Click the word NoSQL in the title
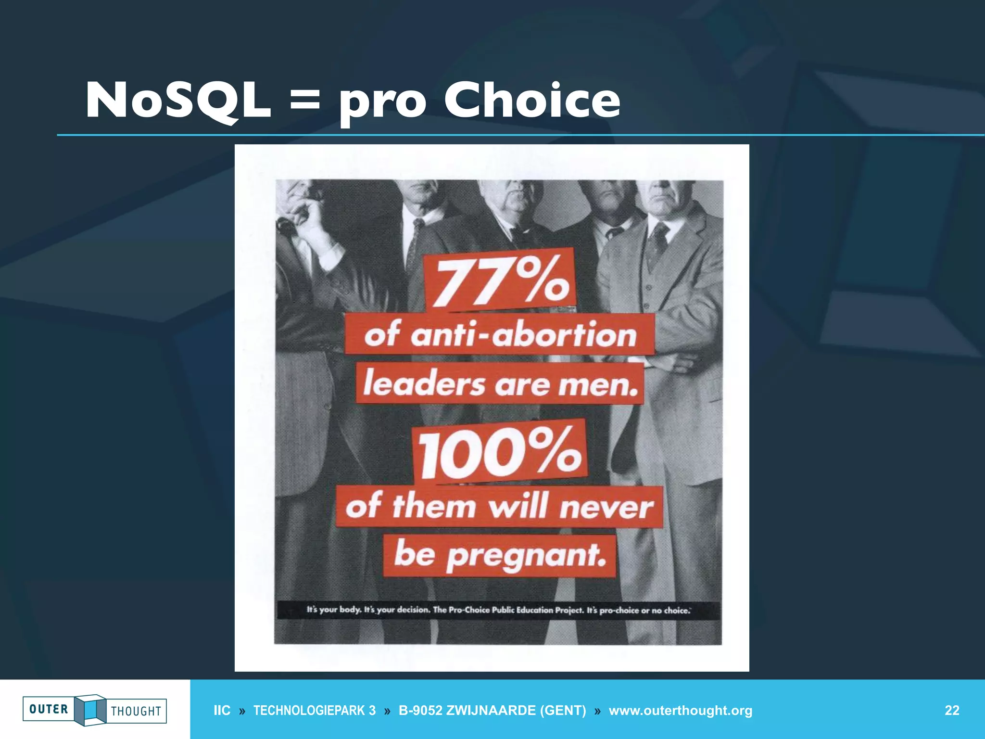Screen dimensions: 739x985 click(178, 101)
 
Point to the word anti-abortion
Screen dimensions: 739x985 click(523, 334)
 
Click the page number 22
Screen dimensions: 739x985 click(952, 711)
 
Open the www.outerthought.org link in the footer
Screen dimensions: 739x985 click(680, 711)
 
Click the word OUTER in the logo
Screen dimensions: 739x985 click(49, 709)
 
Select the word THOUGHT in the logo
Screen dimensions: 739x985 click(136, 711)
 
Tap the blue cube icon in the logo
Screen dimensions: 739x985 click(90, 710)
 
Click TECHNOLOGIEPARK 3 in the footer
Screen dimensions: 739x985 click(314, 711)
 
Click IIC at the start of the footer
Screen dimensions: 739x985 click(222, 711)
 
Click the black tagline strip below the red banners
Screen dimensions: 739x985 click(498, 610)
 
